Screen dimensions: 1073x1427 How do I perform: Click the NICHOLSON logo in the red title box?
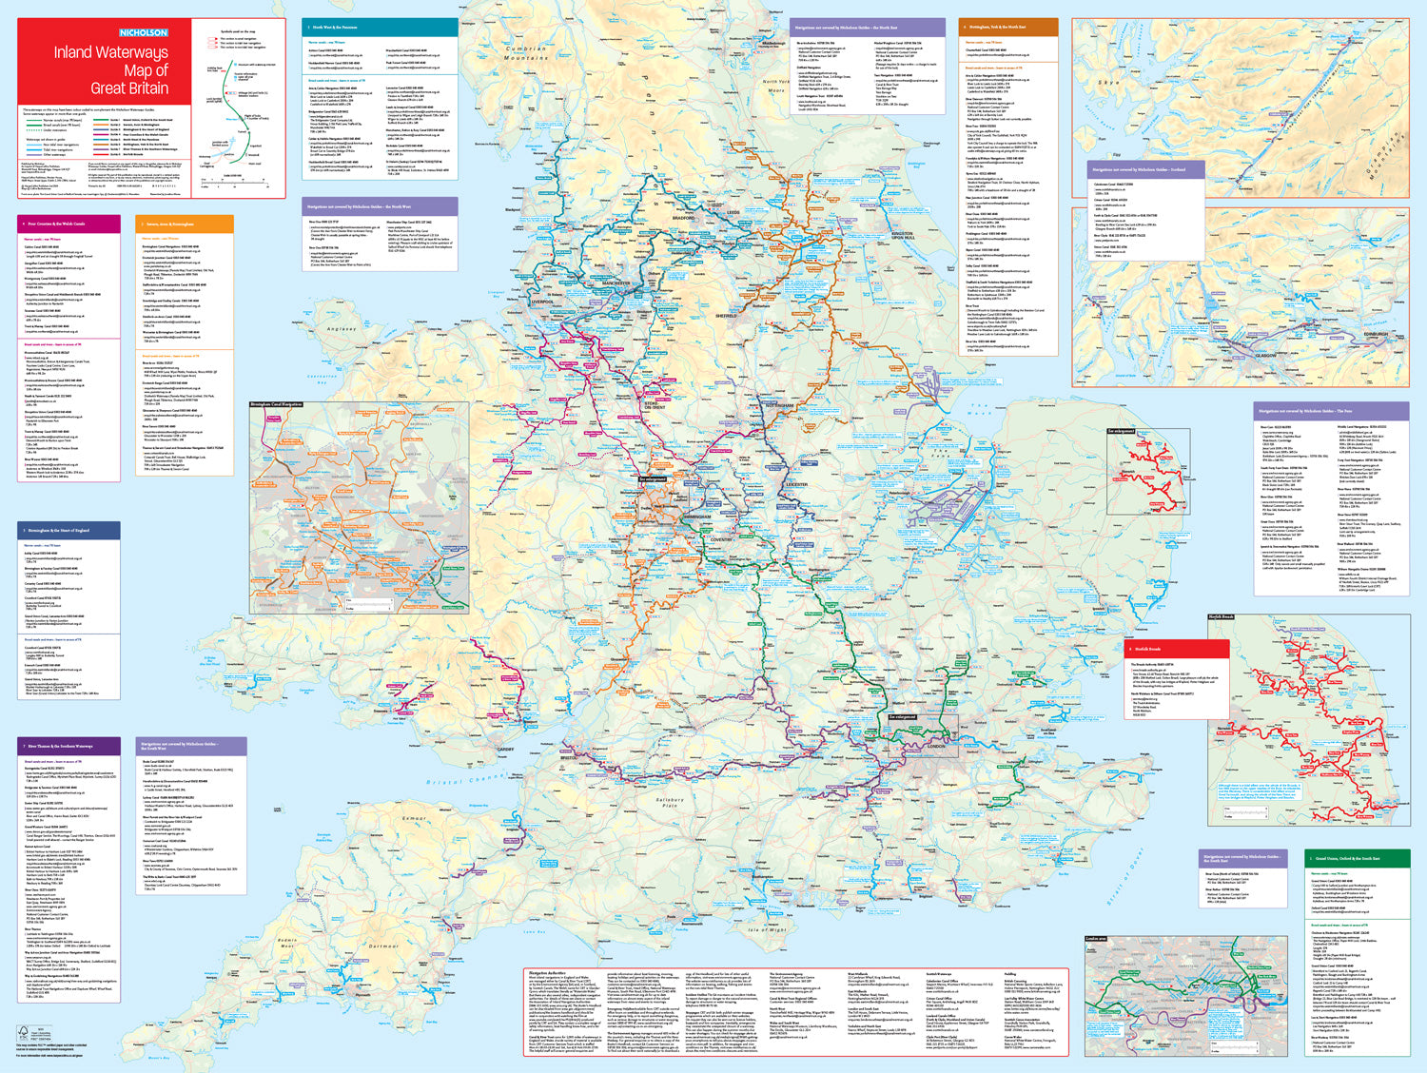[143, 32]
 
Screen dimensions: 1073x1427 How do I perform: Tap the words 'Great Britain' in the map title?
[129, 88]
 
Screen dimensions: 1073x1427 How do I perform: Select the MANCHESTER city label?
[616, 283]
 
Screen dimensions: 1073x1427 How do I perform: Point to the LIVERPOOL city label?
[543, 302]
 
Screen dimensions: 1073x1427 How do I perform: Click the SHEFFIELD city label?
[726, 315]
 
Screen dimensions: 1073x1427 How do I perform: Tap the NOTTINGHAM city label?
[778, 405]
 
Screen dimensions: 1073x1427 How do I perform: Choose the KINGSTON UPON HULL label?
[902, 235]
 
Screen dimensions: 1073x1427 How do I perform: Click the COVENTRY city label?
[721, 539]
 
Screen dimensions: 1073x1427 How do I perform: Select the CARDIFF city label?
[504, 750]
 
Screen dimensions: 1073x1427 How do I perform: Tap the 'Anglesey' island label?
[342, 329]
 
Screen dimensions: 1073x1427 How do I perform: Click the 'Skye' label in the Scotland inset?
[1109, 83]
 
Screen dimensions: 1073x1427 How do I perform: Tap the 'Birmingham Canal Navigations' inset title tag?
[276, 404]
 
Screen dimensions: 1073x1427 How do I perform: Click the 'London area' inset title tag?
[1096, 939]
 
